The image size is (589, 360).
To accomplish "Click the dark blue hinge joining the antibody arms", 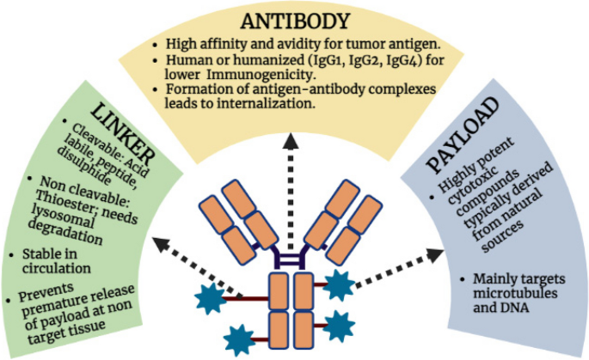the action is point(291,256).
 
